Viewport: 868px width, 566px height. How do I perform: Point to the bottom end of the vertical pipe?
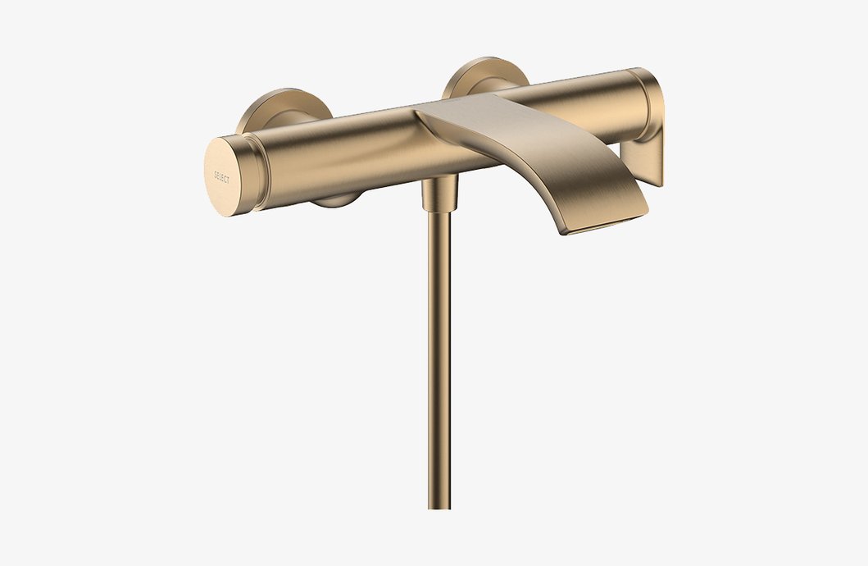pyautogui.click(x=439, y=502)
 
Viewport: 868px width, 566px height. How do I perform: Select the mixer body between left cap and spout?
pyautogui.click(x=344, y=156)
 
